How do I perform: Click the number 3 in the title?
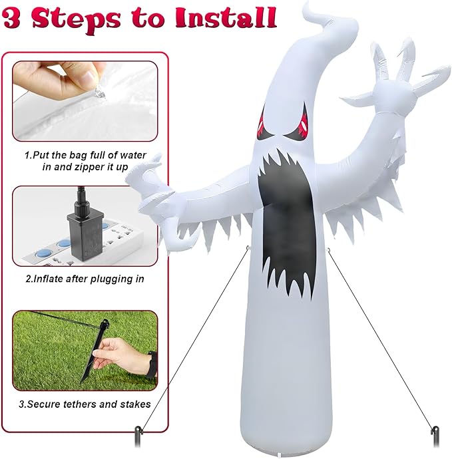(15, 17)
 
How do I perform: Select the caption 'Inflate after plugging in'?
(85, 279)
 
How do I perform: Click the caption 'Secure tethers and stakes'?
(85, 404)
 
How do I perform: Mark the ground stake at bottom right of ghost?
(435, 436)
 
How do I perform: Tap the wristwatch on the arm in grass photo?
(152, 363)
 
